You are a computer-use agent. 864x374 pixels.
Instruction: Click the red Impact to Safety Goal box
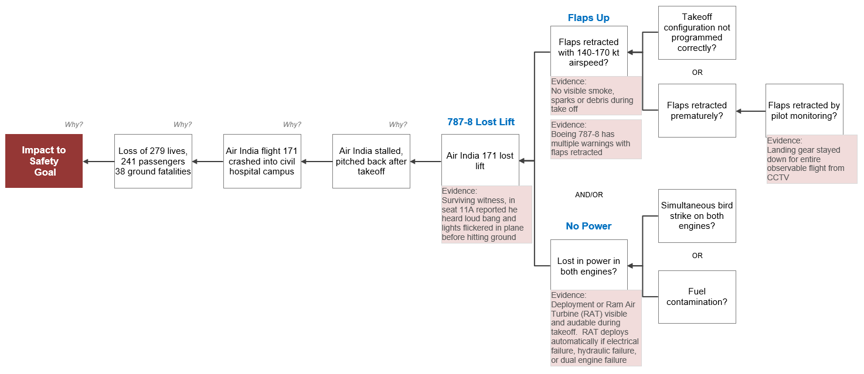tap(44, 161)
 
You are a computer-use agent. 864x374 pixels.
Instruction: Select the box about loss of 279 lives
tap(153, 161)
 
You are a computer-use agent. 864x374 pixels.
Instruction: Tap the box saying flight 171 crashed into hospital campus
tap(262, 161)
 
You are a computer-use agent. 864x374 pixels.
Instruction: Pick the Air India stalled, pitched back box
tap(371, 161)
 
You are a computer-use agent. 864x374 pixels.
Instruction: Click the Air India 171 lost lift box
tap(480, 160)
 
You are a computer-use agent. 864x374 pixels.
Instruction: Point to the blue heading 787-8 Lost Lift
tap(481, 122)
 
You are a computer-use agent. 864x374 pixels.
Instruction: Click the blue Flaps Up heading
tap(589, 18)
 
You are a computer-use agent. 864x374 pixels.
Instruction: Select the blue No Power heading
tap(589, 226)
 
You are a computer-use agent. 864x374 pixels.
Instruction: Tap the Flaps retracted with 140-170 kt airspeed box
tap(589, 52)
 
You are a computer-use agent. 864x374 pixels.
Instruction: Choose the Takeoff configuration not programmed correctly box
tap(697, 33)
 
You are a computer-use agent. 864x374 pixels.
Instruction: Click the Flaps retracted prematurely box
tap(697, 111)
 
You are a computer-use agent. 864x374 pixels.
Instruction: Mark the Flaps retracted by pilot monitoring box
tap(804, 110)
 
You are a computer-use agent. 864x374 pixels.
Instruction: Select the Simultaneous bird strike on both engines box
tap(697, 216)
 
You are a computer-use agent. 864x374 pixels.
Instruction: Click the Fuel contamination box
tap(697, 297)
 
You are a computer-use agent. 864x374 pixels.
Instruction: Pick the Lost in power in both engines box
tap(589, 265)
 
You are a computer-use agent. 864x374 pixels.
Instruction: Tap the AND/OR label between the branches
tap(589, 195)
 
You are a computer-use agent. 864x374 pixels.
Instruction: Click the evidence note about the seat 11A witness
tap(487, 215)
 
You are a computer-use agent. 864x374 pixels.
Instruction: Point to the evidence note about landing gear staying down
tap(812, 159)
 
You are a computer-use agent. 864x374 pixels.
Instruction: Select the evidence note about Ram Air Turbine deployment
tap(596, 328)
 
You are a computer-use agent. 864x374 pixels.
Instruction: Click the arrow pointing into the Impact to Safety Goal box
tap(98, 162)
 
